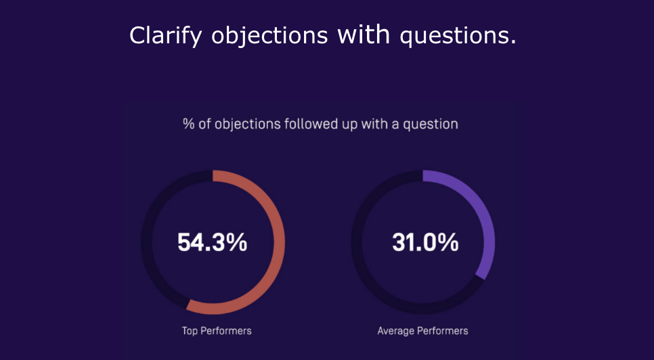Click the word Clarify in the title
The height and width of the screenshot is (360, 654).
click(x=166, y=35)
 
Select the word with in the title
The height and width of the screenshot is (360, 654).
click(x=364, y=35)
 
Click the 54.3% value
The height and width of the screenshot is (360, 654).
click(x=213, y=242)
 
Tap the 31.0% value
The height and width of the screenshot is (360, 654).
click(x=425, y=242)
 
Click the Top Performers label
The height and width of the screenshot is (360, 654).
click(x=217, y=331)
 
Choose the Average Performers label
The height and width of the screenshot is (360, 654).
click(x=422, y=331)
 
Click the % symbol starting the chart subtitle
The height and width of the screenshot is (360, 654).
click(x=189, y=124)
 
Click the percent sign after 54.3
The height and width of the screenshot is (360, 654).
click(x=238, y=242)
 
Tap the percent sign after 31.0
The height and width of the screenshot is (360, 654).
click(x=450, y=242)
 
